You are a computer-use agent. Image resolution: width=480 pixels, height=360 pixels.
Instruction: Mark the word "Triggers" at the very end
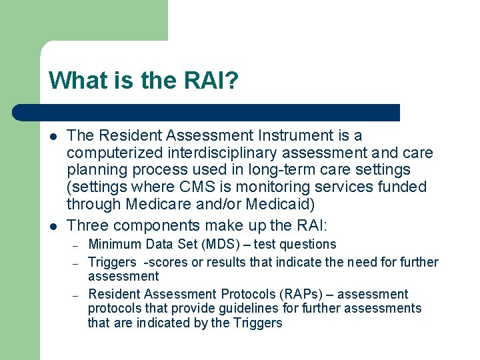(257, 323)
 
